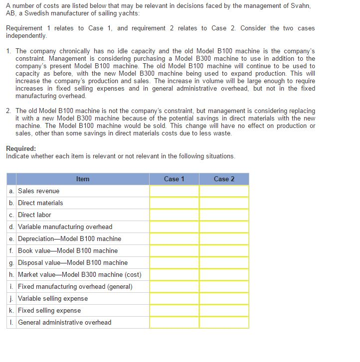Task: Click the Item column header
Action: click(x=83, y=179)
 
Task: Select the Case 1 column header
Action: click(x=174, y=179)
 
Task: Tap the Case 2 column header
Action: click(x=224, y=179)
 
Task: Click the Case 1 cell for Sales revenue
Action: click(x=174, y=191)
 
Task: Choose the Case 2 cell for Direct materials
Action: click(x=224, y=203)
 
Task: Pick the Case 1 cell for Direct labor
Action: click(x=174, y=215)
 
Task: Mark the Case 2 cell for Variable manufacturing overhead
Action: click(x=224, y=227)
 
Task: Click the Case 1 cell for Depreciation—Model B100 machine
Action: click(x=174, y=239)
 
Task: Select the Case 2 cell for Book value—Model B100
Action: click(x=224, y=251)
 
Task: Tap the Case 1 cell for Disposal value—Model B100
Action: click(x=174, y=263)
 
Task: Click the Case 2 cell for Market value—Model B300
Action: click(x=224, y=275)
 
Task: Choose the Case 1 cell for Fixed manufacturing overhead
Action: click(x=174, y=287)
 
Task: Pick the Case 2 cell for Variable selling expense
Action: click(x=224, y=299)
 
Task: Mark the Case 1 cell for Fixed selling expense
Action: click(x=174, y=311)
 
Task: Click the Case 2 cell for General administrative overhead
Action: click(x=224, y=323)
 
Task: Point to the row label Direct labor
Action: click(x=34, y=215)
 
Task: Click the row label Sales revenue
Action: click(x=38, y=191)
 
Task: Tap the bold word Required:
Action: click(x=21, y=148)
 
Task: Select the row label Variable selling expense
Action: click(x=53, y=299)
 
